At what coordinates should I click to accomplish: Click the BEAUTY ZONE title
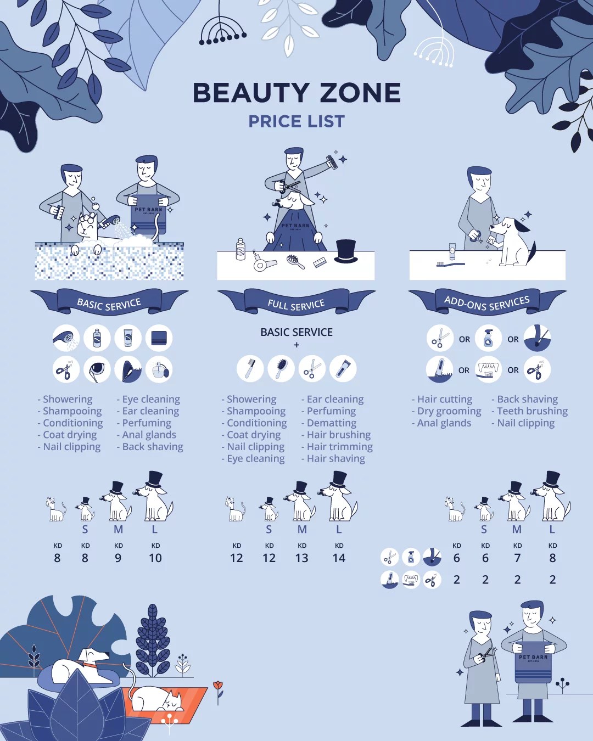(296, 92)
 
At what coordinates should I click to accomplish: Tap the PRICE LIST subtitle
(296, 121)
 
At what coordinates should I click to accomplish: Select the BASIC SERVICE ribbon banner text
(109, 304)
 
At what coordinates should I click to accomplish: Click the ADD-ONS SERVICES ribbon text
(486, 303)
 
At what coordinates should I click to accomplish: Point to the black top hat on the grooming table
(346, 251)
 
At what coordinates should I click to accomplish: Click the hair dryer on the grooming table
(264, 262)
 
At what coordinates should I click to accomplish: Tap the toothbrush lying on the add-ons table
(451, 264)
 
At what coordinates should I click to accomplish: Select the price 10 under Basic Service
(155, 558)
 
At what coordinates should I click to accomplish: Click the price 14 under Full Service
(339, 558)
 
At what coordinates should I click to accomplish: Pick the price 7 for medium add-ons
(517, 558)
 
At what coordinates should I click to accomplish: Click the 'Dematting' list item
(329, 423)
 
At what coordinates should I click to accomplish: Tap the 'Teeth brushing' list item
(530, 411)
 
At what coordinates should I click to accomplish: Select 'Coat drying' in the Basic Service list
(67, 435)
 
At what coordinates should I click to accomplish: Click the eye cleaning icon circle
(97, 369)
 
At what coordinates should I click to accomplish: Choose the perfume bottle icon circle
(159, 369)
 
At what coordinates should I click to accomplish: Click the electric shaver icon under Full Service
(343, 369)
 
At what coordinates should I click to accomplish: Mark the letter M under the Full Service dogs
(302, 529)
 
